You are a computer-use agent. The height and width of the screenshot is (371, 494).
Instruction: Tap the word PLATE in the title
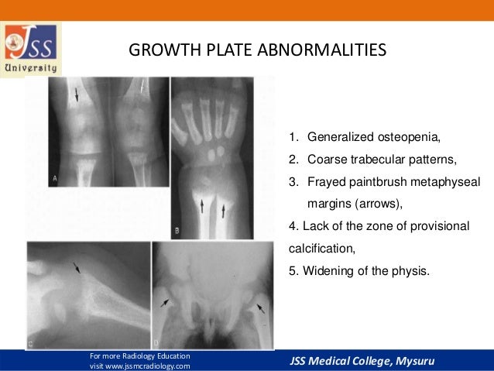click(229, 52)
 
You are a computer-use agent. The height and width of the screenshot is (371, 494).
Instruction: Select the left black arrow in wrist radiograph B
click(203, 206)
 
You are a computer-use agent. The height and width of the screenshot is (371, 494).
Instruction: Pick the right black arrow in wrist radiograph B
click(224, 207)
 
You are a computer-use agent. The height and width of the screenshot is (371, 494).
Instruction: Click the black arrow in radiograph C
click(76, 270)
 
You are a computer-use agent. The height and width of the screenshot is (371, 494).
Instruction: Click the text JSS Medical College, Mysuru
click(363, 361)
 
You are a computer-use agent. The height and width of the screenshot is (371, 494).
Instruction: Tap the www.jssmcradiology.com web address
click(139, 366)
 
